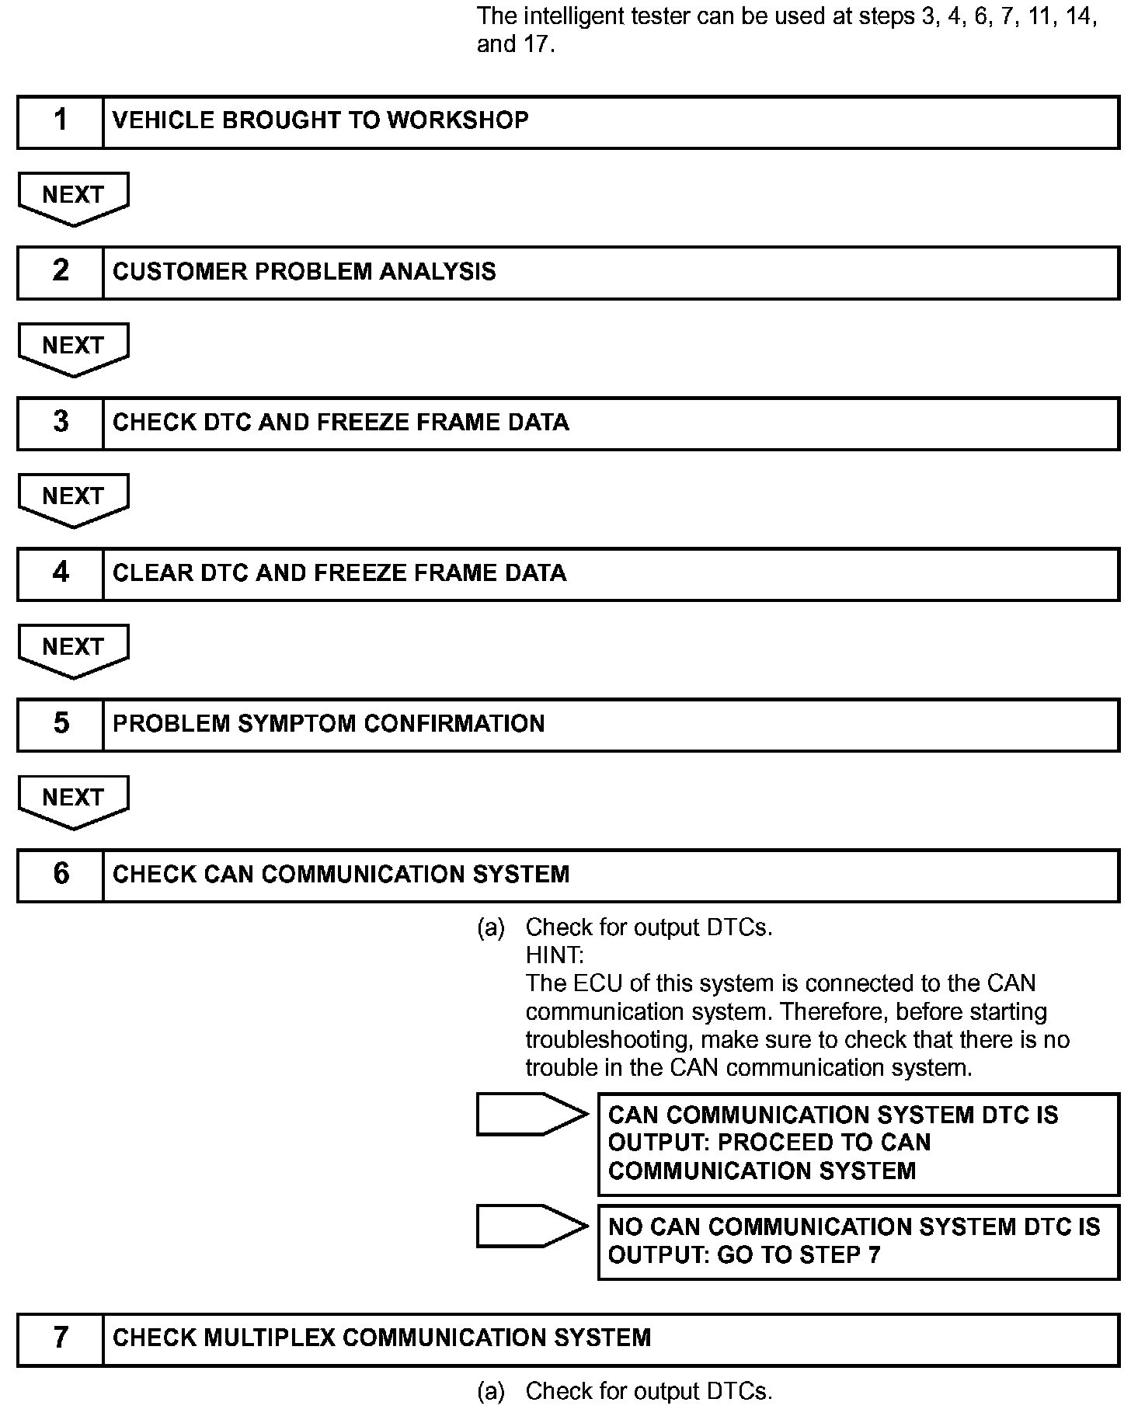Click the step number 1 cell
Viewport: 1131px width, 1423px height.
point(61,121)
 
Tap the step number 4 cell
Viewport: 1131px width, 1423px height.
point(61,573)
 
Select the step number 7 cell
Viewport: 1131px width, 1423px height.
point(61,1338)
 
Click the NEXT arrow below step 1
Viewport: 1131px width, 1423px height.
point(73,197)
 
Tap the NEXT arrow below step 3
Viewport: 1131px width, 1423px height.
point(73,498)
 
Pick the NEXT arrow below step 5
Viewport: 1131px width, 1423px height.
point(73,799)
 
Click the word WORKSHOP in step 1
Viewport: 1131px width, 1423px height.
point(458,120)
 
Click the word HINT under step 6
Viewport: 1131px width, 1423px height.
point(553,955)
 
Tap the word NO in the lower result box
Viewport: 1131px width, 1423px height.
point(625,1226)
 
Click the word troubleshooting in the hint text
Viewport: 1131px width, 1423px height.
point(608,1039)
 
